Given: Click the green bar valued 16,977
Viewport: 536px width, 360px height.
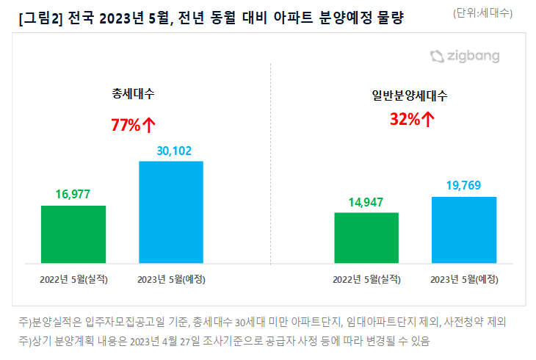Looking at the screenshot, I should point(73,234).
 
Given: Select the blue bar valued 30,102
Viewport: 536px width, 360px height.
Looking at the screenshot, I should point(171,212).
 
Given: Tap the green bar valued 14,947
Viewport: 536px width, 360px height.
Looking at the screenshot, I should point(366,237).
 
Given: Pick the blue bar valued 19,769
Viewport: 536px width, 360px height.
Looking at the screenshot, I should point(464,229).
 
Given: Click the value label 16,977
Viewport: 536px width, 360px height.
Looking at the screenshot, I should point(73,195).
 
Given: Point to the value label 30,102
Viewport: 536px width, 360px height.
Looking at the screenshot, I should point(171,151).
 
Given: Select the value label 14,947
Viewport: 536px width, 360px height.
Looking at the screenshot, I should point(366,202).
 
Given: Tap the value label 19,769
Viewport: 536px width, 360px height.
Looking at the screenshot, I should point(464,186).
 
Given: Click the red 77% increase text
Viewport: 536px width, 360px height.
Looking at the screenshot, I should point(126,125).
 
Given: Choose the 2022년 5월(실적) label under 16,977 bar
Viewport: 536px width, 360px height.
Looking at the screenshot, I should point(73,279).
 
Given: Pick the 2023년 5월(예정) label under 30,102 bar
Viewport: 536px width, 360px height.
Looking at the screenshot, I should point(171,279).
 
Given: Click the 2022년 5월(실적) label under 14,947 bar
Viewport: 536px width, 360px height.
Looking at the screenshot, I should point(366,279).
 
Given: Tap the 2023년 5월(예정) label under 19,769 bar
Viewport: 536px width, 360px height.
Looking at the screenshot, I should point(464,279).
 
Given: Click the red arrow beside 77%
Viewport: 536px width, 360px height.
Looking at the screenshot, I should point(148,125).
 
